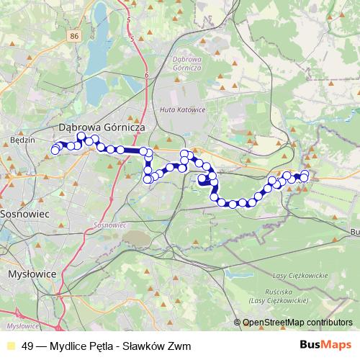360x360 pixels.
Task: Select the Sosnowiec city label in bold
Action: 24,215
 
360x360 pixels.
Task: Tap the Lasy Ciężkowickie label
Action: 301,275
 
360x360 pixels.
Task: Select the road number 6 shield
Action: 145,74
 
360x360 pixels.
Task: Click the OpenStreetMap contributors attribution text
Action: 297,323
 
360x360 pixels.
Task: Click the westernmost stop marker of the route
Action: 53,151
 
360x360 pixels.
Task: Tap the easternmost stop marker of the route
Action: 305,174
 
